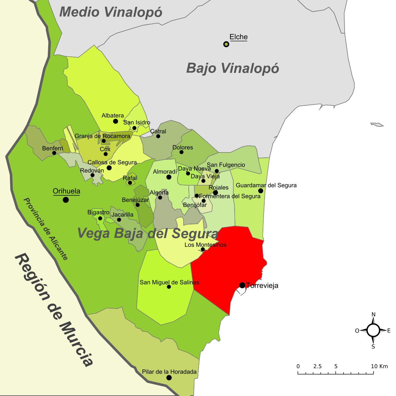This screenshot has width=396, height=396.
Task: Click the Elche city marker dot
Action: coord(226,44)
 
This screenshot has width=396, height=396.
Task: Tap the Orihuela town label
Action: coord(66,191)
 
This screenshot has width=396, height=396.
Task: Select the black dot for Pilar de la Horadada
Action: coord(169,378)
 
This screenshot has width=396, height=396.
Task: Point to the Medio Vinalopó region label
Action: coord(111,12)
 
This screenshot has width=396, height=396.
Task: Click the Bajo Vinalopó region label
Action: coord(233,68)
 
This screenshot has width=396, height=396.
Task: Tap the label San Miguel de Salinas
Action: coord(169,282)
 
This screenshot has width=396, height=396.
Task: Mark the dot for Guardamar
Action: coord(261,191)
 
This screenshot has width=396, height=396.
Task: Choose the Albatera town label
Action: coord(113,115)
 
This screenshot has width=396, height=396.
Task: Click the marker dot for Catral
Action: coord(158,136)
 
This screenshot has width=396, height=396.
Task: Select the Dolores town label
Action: coord(182,148)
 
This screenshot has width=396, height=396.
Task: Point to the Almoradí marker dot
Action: coord(169,177)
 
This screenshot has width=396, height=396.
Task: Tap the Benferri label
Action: coord(52,148)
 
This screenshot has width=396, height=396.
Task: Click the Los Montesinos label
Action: coord(205,245)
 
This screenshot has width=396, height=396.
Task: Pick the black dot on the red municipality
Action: coord(242,285)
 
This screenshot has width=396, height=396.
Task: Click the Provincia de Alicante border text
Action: coord(46,229)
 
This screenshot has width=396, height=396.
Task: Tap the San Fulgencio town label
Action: coord(226,165)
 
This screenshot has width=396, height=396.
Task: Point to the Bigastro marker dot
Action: coord(100,218)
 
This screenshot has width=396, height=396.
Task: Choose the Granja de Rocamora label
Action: coord(102,136)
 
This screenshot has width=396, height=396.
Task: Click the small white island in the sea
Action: coord(377,124)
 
